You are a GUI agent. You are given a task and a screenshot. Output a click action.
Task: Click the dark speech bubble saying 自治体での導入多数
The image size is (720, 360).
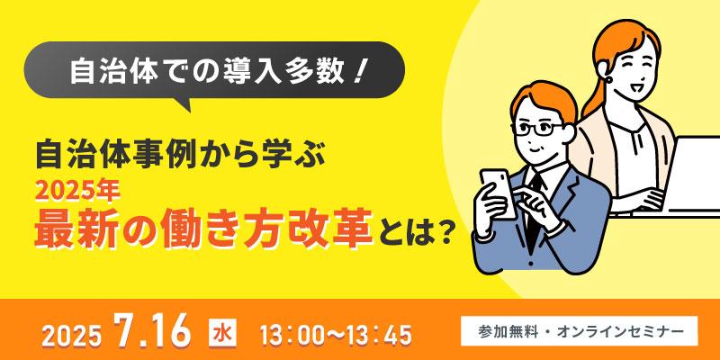(214, 70)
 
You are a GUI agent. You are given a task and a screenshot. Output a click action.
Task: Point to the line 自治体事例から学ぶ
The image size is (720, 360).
(181, 154)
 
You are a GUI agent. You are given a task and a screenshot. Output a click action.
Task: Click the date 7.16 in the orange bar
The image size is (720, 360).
(153, 332)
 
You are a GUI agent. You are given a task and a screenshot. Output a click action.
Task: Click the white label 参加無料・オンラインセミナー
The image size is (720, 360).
(579, 330)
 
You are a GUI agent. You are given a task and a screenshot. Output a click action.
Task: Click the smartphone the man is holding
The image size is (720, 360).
(499, 193)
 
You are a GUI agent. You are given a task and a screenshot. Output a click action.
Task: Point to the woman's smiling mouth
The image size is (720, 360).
(637, 85)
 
